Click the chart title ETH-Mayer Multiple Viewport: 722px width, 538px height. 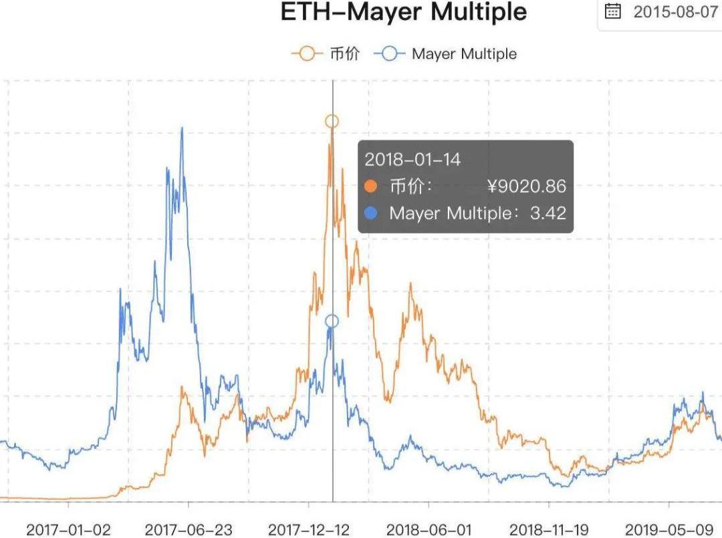[x=404, y=12]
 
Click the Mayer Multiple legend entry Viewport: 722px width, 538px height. [x=446, y=54]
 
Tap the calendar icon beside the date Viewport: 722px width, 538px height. [x=612, y=12]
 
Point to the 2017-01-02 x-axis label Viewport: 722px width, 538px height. [x=68, y=529]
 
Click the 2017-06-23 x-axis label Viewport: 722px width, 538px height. [x=189, y=529]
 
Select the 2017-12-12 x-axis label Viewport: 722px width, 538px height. [x=309, y=529]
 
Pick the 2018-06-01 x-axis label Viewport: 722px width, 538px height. [x=429, y=529]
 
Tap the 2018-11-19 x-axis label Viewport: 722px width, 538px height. [x=549, y=529]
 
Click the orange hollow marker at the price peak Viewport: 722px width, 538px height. [x=332, y=121]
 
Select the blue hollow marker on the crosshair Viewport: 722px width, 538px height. [x=332, y=321]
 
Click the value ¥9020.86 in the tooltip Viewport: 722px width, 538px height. [x=527, y=186]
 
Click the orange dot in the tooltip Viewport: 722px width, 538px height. [x=372, y=186]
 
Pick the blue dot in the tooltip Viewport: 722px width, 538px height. [x=372, y=213]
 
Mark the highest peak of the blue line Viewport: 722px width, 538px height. [x=182, y=128]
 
